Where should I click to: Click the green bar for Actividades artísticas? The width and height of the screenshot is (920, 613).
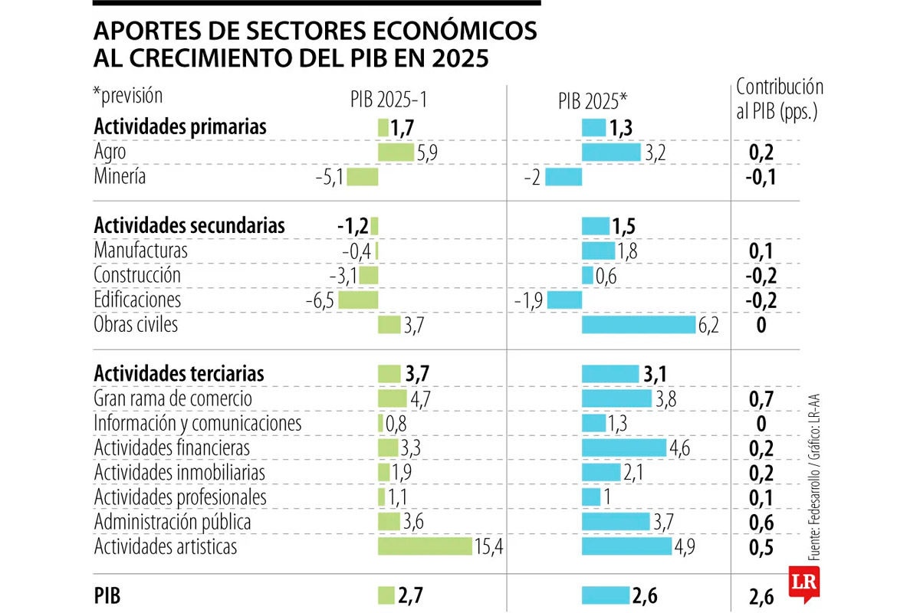pos(424,546)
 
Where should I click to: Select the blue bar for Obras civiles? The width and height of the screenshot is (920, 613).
pos(638,325)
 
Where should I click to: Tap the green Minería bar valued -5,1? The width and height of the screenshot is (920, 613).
pos(363,177)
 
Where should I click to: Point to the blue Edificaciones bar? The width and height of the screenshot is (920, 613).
pos(564,300)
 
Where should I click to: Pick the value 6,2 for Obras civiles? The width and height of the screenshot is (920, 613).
pos(709,326)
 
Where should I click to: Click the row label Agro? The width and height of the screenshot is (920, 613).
pos(110,152)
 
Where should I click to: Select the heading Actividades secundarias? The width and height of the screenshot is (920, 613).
pos(189,226)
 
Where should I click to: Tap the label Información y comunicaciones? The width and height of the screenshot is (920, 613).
pos(197,422)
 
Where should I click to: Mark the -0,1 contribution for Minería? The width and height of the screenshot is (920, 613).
pos(761,177)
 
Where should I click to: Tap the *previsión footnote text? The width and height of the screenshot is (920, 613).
pos(128,97)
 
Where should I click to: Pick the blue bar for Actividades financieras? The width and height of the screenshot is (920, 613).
pos(624,447)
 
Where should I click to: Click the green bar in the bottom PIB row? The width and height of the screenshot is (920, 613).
pos(386,595)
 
